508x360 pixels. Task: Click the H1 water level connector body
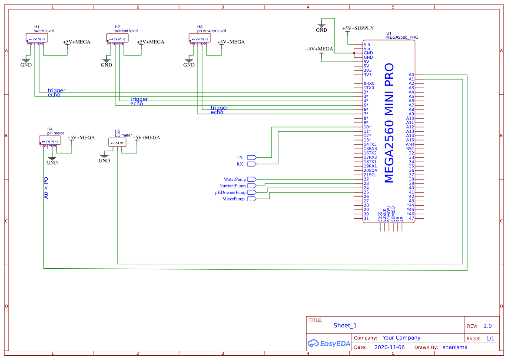[37, 38]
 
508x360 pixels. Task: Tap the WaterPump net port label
[235, 179]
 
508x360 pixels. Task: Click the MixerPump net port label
[233, 199]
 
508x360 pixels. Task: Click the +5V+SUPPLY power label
[358, 28]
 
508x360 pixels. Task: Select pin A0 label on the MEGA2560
[411, 75]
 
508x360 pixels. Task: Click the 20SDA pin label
[370, 170]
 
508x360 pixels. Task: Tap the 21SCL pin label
[370, 175]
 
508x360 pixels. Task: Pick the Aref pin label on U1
[410, 144]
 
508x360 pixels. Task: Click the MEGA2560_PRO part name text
[402, 37]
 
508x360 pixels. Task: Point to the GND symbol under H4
[52, 161]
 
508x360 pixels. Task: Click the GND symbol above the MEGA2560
[322, 29]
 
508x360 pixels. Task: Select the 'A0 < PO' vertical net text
[46, 188]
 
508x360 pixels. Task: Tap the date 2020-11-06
[389, 347]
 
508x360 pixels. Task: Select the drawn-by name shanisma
[455, 347]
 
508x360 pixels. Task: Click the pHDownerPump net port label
[231, 192]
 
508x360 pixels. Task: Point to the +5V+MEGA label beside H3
[231, 42]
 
